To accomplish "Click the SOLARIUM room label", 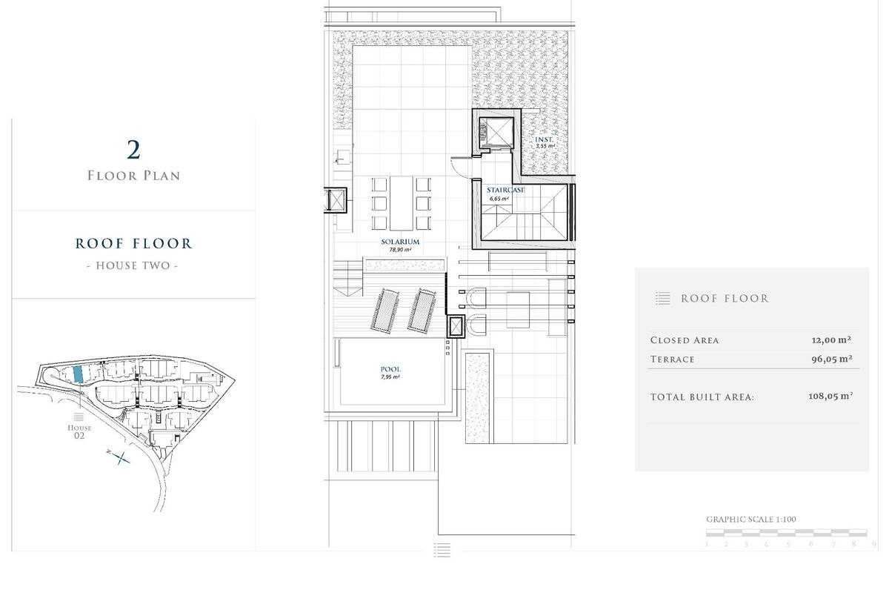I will click(401, 242).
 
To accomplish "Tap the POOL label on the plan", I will click(390, 369).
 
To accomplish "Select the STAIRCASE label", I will click(506, 191).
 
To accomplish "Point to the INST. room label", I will click(545, 139).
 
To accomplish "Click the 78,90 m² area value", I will click(400, 251).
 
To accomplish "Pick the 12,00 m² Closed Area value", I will click(830, 340).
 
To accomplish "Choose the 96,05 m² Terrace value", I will click(830, 359).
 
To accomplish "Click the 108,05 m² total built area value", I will click(830, 397).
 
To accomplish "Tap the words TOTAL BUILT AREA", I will click(702, 397).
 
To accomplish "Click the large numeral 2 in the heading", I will click(133, 150).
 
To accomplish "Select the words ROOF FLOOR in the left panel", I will click(133, 243).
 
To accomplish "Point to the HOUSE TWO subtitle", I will click(133, 265).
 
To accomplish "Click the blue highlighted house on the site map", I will click(79, 374).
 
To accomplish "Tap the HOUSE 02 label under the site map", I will click(79, 431).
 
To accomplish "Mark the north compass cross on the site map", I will click(121, 457).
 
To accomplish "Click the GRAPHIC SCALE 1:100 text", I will click(751, 520).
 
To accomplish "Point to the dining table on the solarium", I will click(401, 203).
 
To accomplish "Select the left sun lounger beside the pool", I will click(383, 310).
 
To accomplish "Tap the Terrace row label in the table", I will click(673, 360).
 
